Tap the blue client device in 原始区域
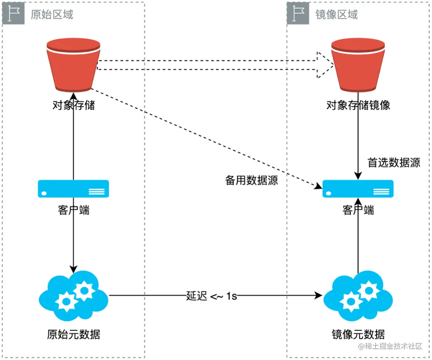tap(74, 189)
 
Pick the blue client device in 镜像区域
tap(358, 189)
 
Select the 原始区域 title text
tap(52, 15)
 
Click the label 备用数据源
tap(252, 181)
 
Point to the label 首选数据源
tap(394, 163)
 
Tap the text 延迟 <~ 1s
tap(212, 296)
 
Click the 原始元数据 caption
tap(74, 334)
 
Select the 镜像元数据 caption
tap(358, 334)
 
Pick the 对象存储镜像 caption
tap(358, 105)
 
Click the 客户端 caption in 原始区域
tap(74, 210)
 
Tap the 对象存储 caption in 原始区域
tap(74, 105)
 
